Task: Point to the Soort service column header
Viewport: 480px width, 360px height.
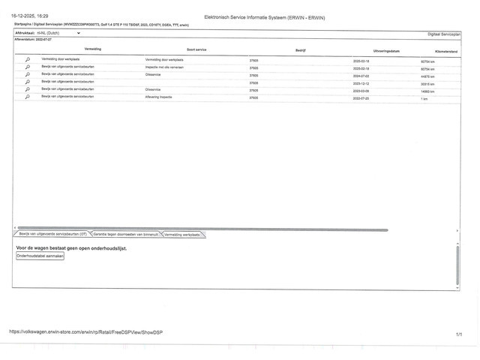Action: tap(196, 49)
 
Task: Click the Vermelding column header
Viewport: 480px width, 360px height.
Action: tap(93, 49)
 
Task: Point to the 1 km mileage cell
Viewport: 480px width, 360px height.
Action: tap(424, 98)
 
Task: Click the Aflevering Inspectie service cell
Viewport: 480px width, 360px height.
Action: tap(163, 97)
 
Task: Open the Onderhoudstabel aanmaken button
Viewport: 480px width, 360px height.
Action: tap(40, 256)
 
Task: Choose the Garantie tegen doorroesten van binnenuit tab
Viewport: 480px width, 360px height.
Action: tap(126, 235)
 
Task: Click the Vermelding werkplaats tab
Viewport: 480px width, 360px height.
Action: tap(182, 235)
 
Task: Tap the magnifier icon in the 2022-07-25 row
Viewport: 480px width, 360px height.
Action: tap(28, 97)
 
